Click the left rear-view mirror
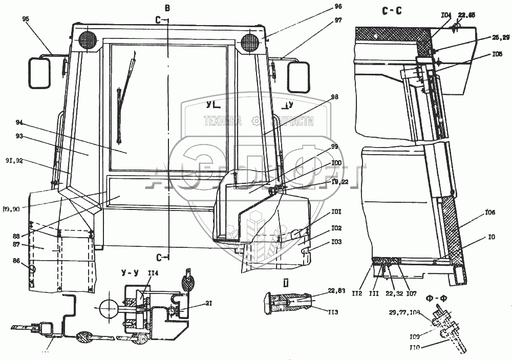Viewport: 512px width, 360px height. (x=39, y=73)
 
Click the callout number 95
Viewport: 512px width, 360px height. (x=26, y=19)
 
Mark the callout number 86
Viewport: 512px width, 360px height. (x=17, y=261)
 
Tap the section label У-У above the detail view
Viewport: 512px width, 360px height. (x=129, y=272)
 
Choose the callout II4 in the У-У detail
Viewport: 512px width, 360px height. (x=153, y=273)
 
